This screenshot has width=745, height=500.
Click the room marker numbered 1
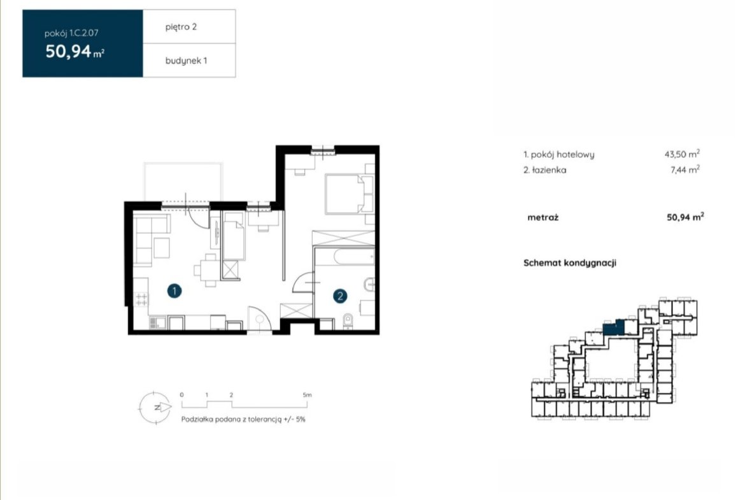(174, 291)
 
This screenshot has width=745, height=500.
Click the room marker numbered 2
(340, 296)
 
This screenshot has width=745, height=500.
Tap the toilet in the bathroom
(348, 321)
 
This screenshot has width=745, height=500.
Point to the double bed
(349, 194)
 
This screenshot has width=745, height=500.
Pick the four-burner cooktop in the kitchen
(141, 299)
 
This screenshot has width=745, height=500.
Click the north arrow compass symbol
(155, 407)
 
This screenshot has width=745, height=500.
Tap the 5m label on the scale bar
(307, 394)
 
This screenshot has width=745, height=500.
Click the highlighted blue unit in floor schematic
(614, 327)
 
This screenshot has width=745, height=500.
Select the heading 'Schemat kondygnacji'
(570, 263)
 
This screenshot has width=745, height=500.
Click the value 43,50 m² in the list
(682, 154)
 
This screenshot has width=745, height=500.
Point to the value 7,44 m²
(685, 169)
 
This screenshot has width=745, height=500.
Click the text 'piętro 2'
(181, 27)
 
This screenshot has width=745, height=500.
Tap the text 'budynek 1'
(186, 61)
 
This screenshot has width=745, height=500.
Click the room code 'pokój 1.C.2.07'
(71, 33)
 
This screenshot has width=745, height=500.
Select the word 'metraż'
(543, 217)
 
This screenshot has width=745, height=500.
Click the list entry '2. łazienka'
(544, 169)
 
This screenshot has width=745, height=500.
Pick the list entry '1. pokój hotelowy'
(559, 154)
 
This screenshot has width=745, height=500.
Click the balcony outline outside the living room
(183, 163)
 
